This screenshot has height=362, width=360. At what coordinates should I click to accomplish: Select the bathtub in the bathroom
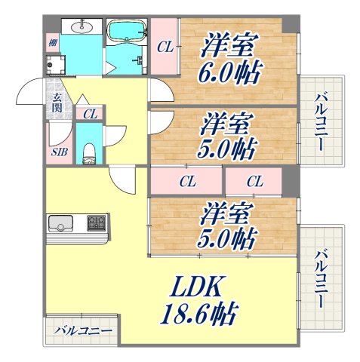pos(126,32)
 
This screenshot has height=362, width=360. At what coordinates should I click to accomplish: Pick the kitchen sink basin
pos(61,223)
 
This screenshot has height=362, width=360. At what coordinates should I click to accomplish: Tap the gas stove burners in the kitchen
pos(97,223)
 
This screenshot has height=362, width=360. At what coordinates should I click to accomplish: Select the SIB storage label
pos(59,152)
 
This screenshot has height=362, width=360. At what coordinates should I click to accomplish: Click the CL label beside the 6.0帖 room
pos(165,47)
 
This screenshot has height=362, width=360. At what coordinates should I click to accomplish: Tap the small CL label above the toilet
pos(90,114)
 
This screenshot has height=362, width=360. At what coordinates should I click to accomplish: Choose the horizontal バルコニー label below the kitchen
pos(85,331)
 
